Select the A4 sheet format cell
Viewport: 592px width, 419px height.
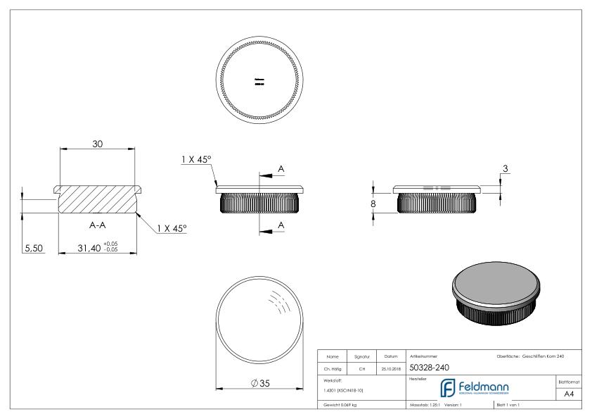[x=572, y=395]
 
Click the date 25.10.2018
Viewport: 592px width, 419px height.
[x=390, y=367]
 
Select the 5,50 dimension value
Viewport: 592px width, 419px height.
[x=33, y=248]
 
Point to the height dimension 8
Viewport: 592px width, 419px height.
[x=373, y=204]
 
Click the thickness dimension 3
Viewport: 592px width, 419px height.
[x=505, y=168]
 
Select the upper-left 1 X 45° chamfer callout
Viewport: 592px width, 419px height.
[x=197, y=160]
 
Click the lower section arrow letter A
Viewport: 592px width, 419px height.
[x=281, y=224]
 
